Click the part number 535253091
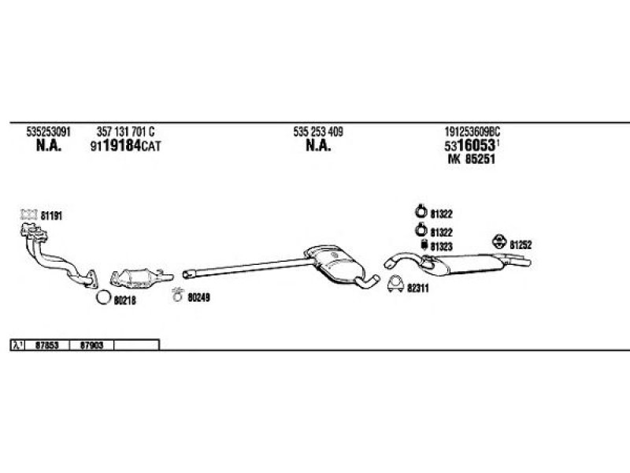pyautogui.click(x=48, y=132)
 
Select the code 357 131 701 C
pyautogui.click(x=125, y=132)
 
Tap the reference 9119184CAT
pyautogui.click(x=125, y=146)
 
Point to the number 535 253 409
pyautogui.click(x=318, y=132)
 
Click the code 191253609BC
pyautogui.click(x=472, y=132)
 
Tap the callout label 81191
pyautogui.click(x=50, y=214)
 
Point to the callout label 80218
pyautogui.click(x=125, y=300)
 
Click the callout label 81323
pyautogui.click(x=442, y=247)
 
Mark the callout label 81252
pyautogui.click(x=521, y=244)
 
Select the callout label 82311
pyautogui.click(x=418, y=289)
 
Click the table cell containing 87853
pyautogui.click(x=47, y=345)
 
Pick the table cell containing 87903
pyautogui.click(x=91, y=345)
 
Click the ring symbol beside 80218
pyautogui.click(x=102, y=298)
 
